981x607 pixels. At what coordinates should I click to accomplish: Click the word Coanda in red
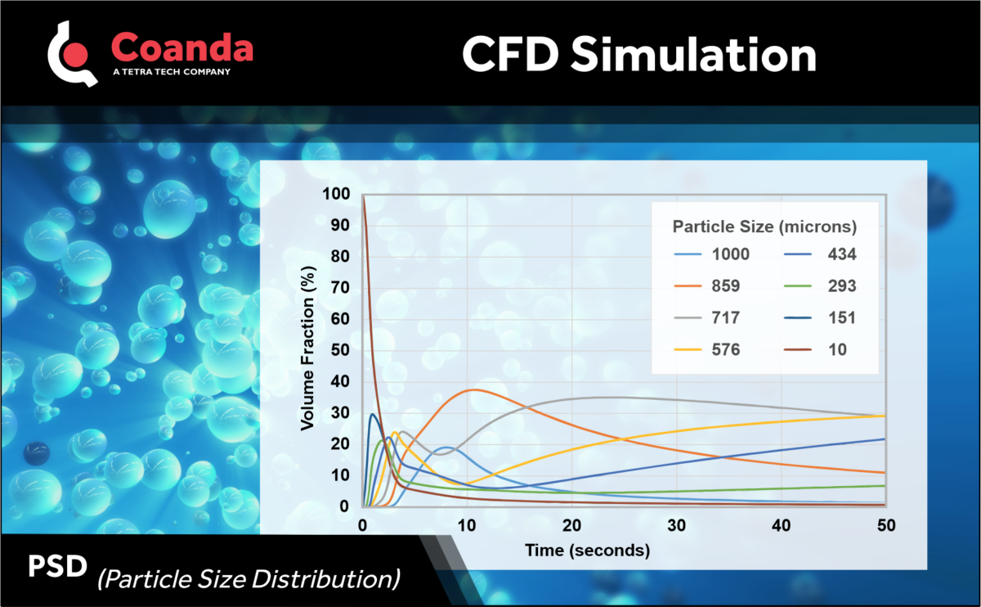181,47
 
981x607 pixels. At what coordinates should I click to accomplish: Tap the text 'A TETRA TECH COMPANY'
170,72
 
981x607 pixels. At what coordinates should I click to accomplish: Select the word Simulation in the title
693,55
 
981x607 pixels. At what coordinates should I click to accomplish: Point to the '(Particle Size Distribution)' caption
249,579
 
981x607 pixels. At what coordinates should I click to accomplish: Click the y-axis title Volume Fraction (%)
308,352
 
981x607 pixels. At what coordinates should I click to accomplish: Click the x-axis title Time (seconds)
589,551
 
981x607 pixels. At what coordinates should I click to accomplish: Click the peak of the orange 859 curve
472,389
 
